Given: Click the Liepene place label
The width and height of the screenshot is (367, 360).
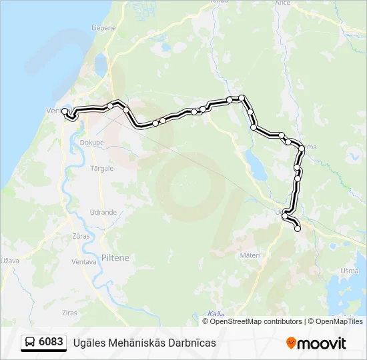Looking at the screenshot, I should click(x=103, y=29).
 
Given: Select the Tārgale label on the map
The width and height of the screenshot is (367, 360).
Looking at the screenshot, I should click(x=102, y=168).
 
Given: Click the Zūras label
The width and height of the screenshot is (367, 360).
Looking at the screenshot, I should click(x=81, y=236).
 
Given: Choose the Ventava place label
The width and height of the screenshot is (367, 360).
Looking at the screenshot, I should click(x=84, y=262).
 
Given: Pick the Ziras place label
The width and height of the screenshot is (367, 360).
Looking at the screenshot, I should click(x=69, y=312).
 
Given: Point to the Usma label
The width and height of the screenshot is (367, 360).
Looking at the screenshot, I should click(x=349, y=271).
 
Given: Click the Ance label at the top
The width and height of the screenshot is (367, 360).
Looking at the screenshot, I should click(x=282, y=3).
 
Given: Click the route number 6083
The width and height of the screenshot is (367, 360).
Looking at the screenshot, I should click(x=51, y=343).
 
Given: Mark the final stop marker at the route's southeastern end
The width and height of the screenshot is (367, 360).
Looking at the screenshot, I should click(x=298, y=229).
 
